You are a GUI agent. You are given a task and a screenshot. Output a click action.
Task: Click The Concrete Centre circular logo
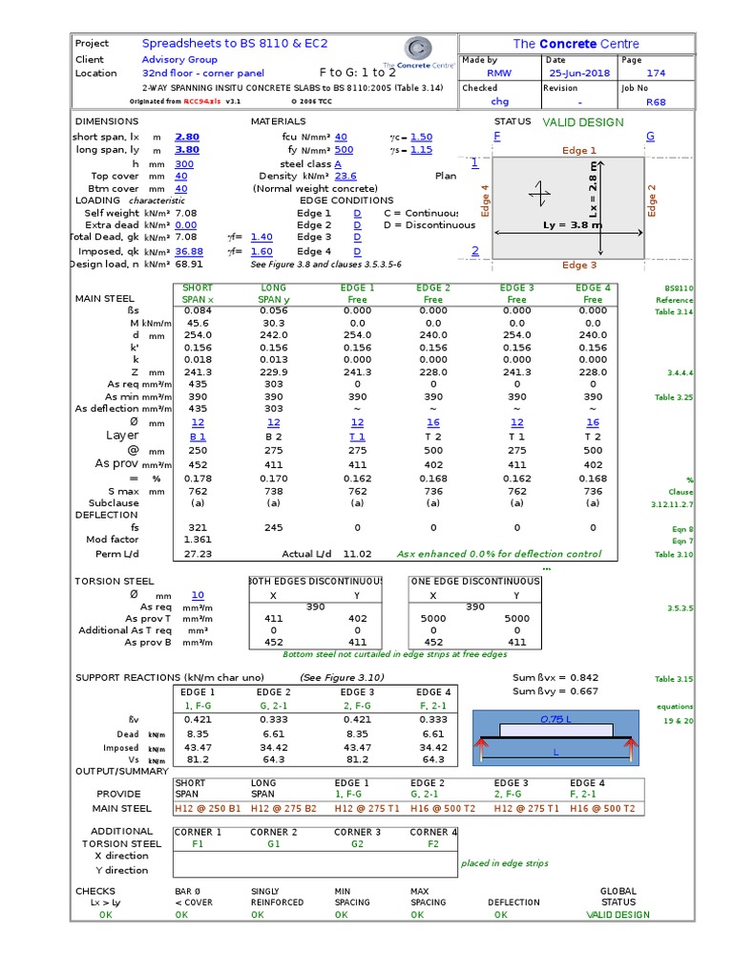tap(418, 49)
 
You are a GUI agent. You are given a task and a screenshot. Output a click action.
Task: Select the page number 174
tap(656, 73)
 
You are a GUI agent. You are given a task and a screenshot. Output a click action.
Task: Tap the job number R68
tap(656, 101)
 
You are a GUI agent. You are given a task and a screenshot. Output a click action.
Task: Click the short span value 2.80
tap(187, 137)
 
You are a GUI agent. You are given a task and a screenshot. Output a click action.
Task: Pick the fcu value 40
tap(342, 137)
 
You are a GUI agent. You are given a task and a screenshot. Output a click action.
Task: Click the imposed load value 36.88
tap(189, 251)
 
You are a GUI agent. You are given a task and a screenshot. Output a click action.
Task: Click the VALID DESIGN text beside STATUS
tap(583, 122)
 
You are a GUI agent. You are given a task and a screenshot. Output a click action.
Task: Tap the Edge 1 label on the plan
tap(579, 151)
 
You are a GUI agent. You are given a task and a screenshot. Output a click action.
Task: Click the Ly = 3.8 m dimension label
tap(572, 225)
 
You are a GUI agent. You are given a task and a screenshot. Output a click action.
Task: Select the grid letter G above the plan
tap(650, 137)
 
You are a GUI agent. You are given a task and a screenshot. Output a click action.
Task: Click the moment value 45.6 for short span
tap(198, 323)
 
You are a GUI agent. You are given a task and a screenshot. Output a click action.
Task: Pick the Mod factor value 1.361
tap(198, 540)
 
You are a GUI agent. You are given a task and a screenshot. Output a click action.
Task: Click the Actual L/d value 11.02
tap(357, 554)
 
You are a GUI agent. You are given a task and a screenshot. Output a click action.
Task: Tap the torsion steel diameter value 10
tap(198, 595)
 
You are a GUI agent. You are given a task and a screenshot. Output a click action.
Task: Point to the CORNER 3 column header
tap(357, 832)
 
